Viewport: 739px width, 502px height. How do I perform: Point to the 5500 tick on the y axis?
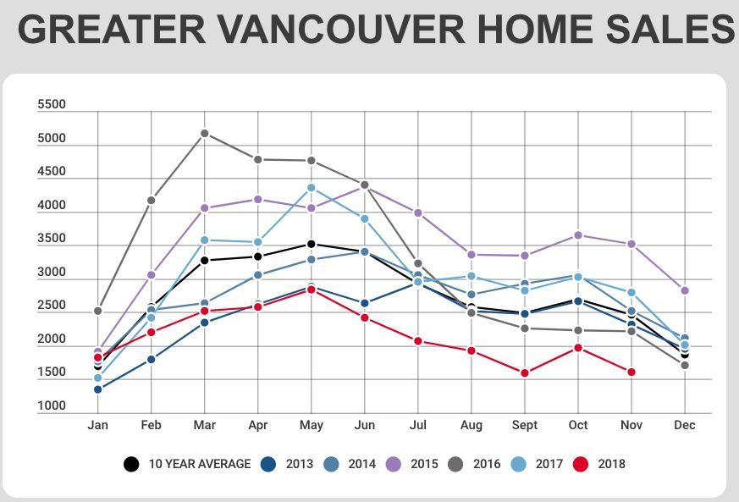(x=52, y=105)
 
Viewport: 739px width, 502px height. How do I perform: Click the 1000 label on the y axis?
(x=52, y=406)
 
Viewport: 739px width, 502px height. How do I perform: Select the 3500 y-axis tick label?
(x=52, y=240)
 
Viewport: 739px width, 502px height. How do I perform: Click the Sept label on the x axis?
(x=525, y=425)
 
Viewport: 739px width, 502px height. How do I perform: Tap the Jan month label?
(x=98, y=425)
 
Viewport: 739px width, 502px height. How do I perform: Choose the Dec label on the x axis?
(x=685, y=425)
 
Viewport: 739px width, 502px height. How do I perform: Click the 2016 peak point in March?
(x=205, y=133)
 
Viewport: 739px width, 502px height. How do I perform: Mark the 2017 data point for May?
(x=312, y=188)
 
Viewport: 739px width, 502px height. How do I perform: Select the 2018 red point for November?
(x=631, y=372)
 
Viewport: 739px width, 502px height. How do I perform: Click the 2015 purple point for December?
(x=685, y=290)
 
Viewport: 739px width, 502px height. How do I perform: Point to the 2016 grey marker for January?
(x=98, y=311)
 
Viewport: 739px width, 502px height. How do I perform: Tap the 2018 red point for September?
(x=525, y=372)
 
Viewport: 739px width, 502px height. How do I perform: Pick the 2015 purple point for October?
(x=578, y=234)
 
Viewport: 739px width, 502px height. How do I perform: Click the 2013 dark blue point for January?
(x=98, y=389)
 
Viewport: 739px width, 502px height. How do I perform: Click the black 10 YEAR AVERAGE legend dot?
(x=131, y=464)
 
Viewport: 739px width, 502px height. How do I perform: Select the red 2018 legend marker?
(x=581, y=464)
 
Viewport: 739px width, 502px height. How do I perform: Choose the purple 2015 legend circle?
(x=394, y=464)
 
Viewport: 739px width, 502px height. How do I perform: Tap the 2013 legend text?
(x=299, y=464)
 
